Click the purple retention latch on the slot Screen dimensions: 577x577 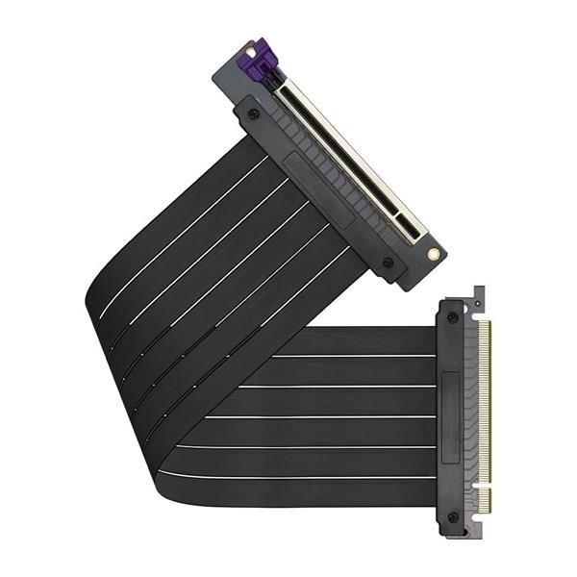click(x=261, y=64)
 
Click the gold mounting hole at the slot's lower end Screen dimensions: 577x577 click(x=434, y=254)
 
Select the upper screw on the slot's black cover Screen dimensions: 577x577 click(x=254, y=114)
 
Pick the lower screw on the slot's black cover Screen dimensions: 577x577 click(x=388, y=262)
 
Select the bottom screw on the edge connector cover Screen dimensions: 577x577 click(x=453, y=517)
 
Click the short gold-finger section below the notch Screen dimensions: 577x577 click(x=485, y=499)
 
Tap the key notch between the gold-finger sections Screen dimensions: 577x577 click(x=485, y=483)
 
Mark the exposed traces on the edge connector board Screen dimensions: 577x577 click(x=472, y=414)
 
